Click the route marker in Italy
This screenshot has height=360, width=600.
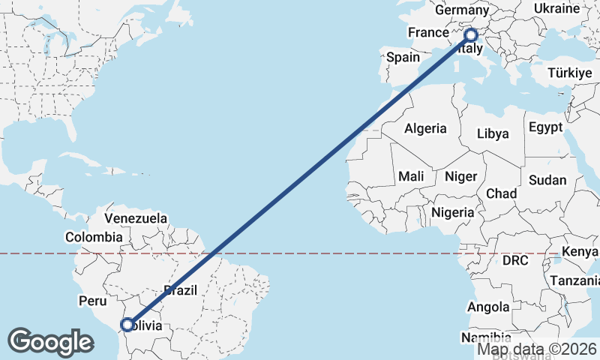point(472,34)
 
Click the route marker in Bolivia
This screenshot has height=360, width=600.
point(127,325)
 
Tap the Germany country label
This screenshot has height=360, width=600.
point(461,10)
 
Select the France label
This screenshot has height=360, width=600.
point(427,33)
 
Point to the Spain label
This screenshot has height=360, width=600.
point(403,57)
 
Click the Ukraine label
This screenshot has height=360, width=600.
point(556,7)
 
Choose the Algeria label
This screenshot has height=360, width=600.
point(425,128)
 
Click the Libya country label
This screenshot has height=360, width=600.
point(493,134)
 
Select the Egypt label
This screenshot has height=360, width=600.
point(545,127)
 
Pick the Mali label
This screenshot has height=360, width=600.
point(411,176)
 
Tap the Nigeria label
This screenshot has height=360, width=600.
point(452,212)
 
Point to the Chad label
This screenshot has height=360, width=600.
point(501,193)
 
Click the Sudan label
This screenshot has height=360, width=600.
point(547,180)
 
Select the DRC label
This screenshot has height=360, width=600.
point(516,261)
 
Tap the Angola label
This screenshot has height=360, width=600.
point(488,307)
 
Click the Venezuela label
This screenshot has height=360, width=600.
point(136,218)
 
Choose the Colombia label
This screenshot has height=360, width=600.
point(94,237)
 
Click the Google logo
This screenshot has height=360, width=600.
point(50,342)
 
